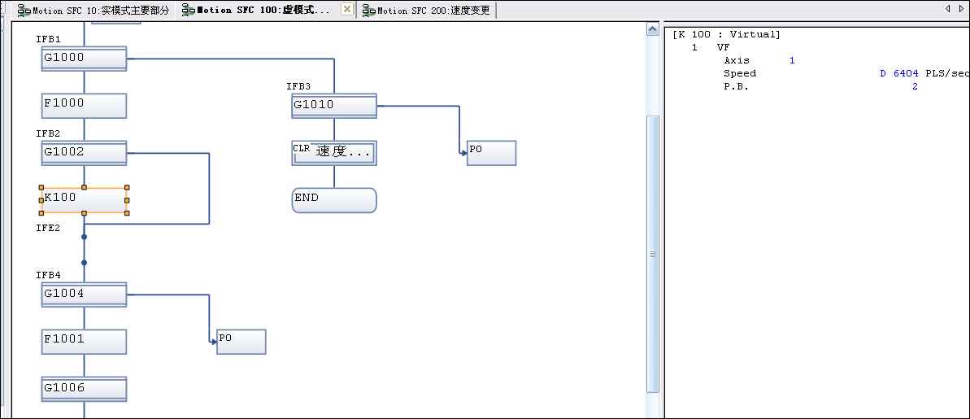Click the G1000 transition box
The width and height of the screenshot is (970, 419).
(x=84, y=59)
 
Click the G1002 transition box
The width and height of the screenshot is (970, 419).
(x=84, y=153)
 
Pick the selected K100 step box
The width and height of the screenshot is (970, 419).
(x=84, y=199)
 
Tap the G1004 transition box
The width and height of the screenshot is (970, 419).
(x=84, y=295)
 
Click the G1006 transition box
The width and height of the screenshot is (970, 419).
(x=84, y=389)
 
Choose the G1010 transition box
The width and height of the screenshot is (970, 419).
(x=334, y=106)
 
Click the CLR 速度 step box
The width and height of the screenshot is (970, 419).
(x=334, y=152)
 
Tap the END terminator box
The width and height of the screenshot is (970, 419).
(x=334, y=200)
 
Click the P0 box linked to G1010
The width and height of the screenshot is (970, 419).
(x=491, y=153)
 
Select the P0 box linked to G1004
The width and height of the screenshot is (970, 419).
(x=241, y=342)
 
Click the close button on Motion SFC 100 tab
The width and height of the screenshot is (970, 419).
(x=346, y=10)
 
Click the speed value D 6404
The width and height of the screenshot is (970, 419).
(x=899, y=74)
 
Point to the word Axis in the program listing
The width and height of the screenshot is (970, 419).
(x=737, y=61)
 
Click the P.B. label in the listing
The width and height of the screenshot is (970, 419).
(x=736, y=87)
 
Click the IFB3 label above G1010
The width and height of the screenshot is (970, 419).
(x=298, y=86)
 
